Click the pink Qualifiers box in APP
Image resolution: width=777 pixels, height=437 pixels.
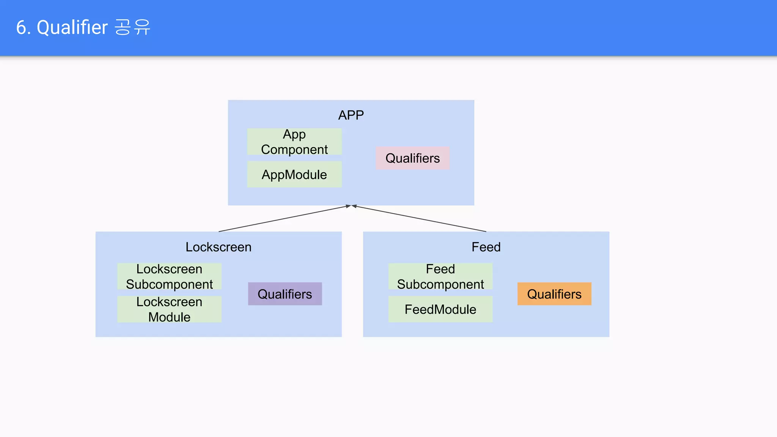click(412, 158)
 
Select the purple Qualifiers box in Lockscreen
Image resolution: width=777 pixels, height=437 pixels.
click(285, 294)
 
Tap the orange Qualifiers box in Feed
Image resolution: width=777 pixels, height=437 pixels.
click(554, 294)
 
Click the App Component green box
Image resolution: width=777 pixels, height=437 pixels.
click(294, 141)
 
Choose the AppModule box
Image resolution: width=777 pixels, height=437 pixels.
click(294, 174)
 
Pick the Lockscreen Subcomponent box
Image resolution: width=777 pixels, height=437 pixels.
click(169, 277)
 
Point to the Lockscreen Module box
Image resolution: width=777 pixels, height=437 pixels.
click(169, 309)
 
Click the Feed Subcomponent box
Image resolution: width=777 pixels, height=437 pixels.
click(440, 277)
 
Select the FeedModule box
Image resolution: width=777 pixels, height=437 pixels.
click(440, 309)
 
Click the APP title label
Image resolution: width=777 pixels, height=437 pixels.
click(351, 115)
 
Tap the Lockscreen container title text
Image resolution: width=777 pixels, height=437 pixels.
click(219, 247)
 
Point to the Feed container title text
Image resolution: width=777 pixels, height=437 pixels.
click(486, 247)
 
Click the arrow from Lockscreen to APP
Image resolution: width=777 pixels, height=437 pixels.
click(283, 219)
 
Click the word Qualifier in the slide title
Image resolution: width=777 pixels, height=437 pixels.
click(72, 28)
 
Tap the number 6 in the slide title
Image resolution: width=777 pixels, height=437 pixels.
click(21, 28)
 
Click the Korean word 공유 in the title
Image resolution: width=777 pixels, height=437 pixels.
click(132, 28)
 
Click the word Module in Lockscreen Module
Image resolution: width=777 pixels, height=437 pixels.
click(169, 317)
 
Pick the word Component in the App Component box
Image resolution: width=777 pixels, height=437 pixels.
click(294, 149)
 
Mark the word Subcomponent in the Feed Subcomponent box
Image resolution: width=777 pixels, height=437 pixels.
click(440, 285)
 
